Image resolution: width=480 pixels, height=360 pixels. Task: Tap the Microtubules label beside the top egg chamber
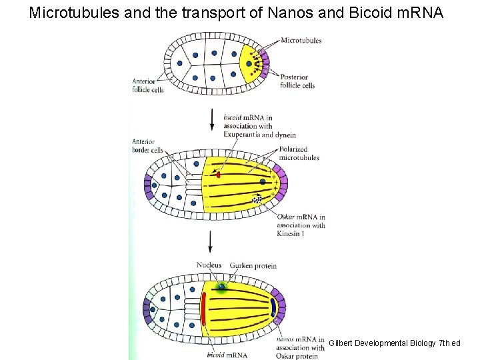coord(301,41)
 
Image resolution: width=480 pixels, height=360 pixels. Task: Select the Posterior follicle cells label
coord(297,81)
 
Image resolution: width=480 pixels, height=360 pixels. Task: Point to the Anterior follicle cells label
coord(147,85)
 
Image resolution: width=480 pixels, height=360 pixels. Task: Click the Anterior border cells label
coord(147,146)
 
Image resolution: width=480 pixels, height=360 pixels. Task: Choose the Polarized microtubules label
coord(299,154)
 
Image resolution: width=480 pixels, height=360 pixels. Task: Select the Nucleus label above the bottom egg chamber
coord(209,265)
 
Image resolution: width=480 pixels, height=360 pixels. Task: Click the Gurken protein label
coord(253,265)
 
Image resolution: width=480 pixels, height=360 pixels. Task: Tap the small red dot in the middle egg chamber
coord(218,175)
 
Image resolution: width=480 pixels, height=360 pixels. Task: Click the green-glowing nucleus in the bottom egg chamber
coord(221,287)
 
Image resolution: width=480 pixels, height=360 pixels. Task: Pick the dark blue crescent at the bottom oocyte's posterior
coord(273,308)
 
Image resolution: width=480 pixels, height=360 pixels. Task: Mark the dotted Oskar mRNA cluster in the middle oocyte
coord(257,199)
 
